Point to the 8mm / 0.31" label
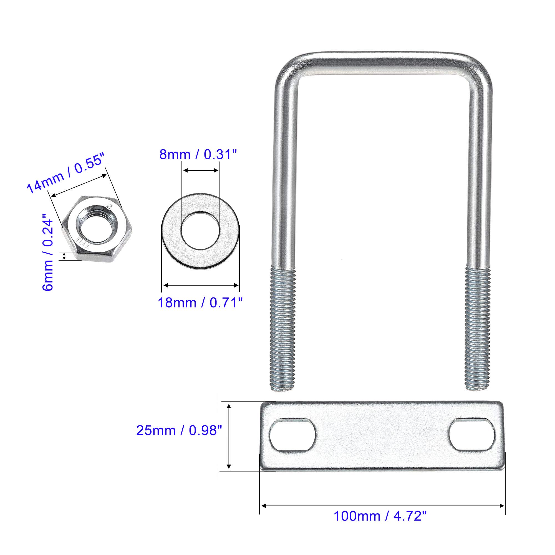pos(198,155)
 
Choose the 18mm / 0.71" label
pos(200,302)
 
